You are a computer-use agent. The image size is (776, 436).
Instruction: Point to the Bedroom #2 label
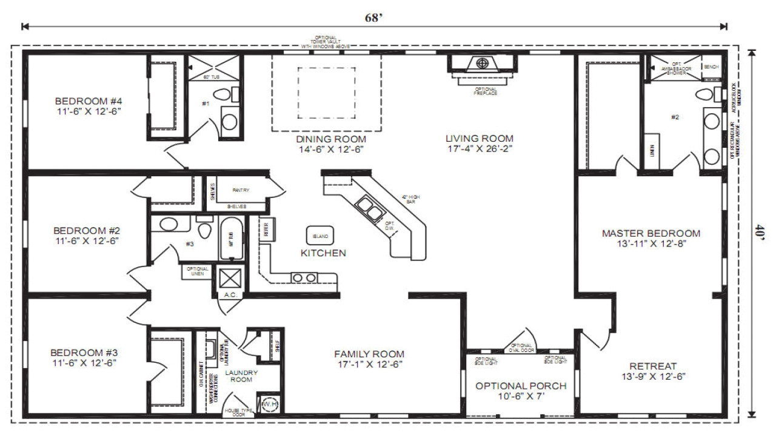click(87, 236)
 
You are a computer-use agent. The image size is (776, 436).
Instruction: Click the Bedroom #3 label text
click(84, 358)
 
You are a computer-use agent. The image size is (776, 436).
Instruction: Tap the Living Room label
click(479, 143)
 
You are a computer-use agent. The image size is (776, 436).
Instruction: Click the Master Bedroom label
click(651, 238)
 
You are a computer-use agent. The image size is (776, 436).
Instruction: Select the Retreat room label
click(653, 371)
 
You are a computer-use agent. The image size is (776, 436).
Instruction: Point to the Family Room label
click(369, 359)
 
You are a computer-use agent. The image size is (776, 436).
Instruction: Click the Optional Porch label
click(521, 391)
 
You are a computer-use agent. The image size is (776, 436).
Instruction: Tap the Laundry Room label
click(241, 375)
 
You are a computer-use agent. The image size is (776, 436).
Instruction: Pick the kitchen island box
click(320, 236)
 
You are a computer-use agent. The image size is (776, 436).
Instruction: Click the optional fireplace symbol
click(483, 63)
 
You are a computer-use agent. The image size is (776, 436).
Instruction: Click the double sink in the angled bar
click(369, 207)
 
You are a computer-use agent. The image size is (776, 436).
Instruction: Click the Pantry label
click(241, 190)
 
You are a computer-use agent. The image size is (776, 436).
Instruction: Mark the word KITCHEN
click(323, 253)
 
